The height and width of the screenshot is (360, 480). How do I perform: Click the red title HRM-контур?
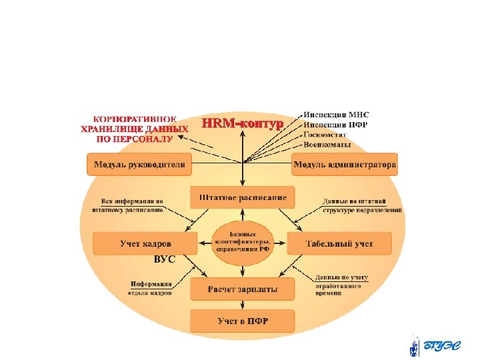(x=243, y=123)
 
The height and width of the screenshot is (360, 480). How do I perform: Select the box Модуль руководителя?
(x=139, y=164)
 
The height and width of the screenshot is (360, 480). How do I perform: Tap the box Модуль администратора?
(x=345, y=164)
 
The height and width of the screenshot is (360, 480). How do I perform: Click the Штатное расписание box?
(x=243, y=197)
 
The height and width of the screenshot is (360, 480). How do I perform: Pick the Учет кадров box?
(x=145, y=243)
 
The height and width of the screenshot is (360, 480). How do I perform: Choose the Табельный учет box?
(x=339, y=243)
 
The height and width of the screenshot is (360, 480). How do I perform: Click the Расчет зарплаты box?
(x=242, y=289)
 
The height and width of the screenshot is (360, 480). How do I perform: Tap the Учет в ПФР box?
(x=242, y=321)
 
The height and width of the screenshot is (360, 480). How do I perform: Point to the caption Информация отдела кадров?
(x=151, y=287)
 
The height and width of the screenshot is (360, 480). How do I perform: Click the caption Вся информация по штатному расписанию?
(x=132, y=205)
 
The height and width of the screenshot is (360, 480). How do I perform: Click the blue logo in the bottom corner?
(x=439, y=346)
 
